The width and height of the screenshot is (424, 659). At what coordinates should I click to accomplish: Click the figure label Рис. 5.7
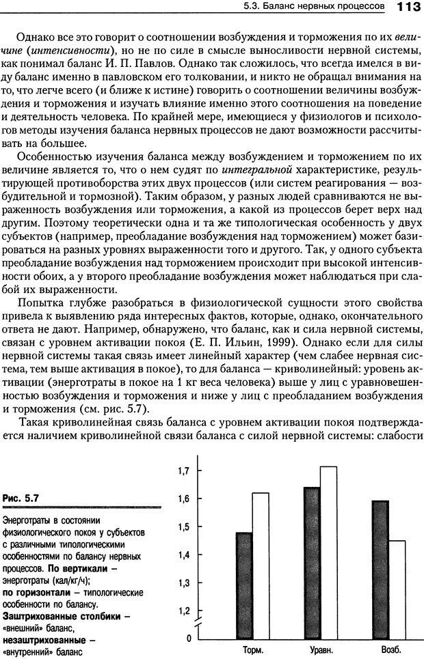tap(21, 499)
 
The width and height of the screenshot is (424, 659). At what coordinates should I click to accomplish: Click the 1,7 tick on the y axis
tap(183, 471)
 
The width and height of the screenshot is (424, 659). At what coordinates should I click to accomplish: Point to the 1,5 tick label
tap(183, 527)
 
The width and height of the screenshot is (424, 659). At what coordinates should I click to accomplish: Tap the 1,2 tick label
tap(183, 611)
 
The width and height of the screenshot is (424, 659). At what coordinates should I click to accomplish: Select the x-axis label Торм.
tap(253, 649)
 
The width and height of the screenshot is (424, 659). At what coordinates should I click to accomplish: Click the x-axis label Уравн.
tap(320, 649)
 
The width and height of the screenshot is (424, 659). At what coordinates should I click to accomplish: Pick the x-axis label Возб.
tap(389, 649)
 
